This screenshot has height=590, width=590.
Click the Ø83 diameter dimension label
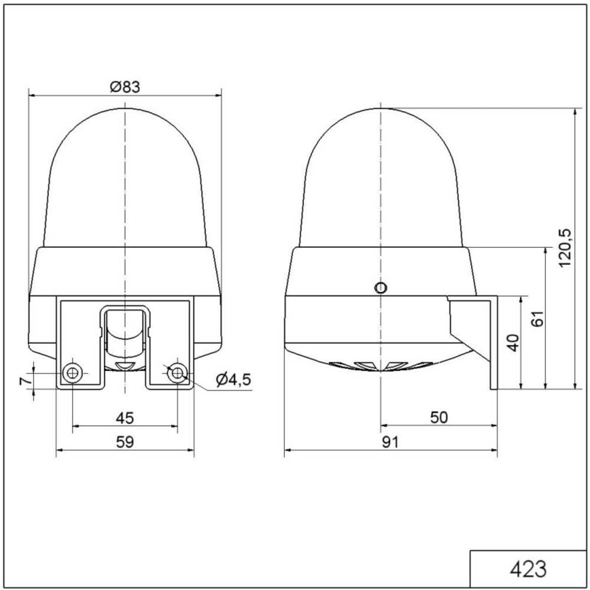[125, 87]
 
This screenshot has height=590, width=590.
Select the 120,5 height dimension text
[565, 248]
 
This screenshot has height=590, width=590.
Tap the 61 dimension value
[539, 319]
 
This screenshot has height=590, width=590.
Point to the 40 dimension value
[513, 342]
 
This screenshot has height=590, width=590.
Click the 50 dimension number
[439, 417]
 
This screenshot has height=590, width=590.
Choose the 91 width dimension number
[390, 442]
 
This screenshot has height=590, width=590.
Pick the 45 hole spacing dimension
[125, 418]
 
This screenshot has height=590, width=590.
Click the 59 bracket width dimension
[125, 442]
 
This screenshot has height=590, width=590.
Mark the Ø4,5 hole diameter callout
[233, 380]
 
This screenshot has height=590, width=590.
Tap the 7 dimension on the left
[25, 381]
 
